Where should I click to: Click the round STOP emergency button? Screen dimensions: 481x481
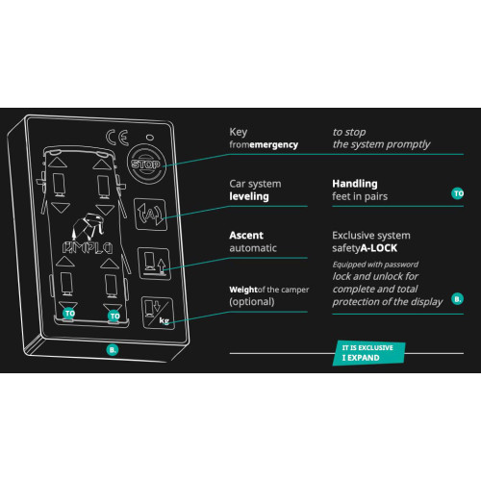point(146,165)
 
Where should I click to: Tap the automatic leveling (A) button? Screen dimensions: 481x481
point(150,215)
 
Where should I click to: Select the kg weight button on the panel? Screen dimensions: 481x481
point(158,313)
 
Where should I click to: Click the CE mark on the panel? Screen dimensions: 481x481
point(117,138)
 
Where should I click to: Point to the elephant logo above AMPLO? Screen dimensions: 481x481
point(89,226)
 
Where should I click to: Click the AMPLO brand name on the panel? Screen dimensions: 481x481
point(88,248)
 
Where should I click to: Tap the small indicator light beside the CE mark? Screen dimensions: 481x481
point(150,138)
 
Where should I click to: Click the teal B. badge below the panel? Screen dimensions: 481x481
point(113,349)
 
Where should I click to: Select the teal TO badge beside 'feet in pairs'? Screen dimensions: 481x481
point(458,193)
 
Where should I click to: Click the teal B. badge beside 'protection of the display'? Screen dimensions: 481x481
point(458,299)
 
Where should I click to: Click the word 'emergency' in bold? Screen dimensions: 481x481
point(274,145)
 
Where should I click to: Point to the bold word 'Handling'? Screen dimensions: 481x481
point(355,184)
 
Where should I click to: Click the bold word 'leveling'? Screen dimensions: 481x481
point(249,196)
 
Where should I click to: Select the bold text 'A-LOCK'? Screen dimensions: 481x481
point(379,248)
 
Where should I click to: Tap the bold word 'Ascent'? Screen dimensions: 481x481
point(246,236)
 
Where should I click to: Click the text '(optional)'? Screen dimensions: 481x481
point(252,302)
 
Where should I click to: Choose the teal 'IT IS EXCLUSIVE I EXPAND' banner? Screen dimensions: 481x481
point(368,353)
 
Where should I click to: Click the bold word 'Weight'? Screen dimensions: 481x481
point(243,290)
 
